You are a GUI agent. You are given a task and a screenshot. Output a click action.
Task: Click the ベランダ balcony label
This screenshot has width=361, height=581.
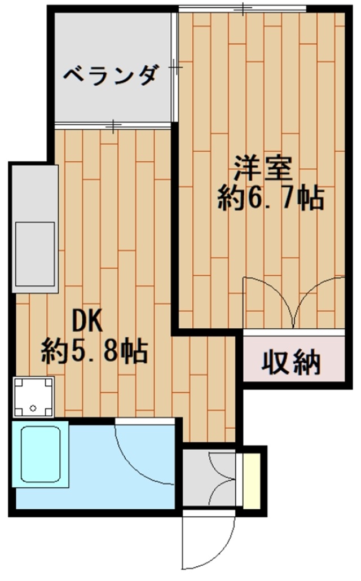[x=109, y=75]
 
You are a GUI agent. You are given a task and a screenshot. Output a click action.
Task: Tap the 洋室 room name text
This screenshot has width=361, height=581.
[x=263, y=169]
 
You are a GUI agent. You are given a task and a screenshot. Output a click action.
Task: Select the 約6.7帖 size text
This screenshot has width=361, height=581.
[x=271, y=197]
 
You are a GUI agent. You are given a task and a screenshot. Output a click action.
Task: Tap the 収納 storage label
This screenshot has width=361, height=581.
[x=291, y=362]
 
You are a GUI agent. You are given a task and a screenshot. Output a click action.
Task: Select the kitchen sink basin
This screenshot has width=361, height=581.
[x=35, y=253]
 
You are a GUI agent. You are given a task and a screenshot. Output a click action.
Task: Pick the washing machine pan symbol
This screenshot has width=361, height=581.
[x=33, y=397]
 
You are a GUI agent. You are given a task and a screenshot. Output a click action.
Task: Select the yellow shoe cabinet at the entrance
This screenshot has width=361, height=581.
[x=249, y=479]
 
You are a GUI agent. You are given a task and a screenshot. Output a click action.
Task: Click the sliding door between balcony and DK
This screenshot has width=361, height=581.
[x=113, y=126]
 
